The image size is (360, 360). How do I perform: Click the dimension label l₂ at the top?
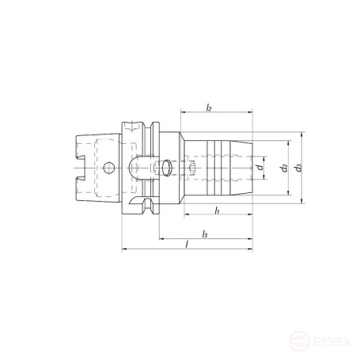[208, 106]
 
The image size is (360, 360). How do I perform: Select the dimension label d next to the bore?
[260, 168]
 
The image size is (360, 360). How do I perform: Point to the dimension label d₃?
[297, 168]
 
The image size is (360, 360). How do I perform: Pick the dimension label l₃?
[205, 234]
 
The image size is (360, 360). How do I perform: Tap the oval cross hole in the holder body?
[166, 167]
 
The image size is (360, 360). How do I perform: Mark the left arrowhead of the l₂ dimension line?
[183, 112]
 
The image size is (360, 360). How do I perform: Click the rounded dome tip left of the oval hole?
[132, 168]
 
